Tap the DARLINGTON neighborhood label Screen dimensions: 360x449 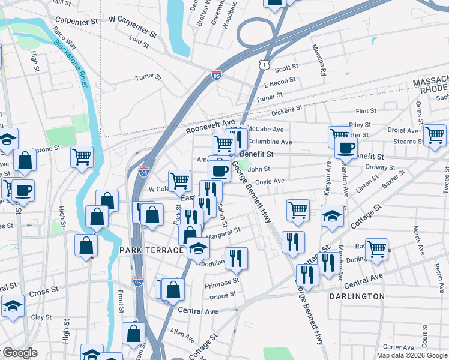pos(357,296)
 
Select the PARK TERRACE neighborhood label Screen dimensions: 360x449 pos(151,250)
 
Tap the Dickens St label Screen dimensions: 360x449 pos(285,112)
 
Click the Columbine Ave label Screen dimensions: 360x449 pos(270,142)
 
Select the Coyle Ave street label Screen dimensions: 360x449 pos(270,181)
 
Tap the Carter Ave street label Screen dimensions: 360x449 pos(399,347)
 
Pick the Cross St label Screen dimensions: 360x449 pos(43,292)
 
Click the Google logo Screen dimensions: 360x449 pos(20,353)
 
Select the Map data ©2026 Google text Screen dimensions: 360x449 pos(412,355)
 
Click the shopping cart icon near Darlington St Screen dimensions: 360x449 pos(376,248)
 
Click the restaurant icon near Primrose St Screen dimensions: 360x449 pos(237,258)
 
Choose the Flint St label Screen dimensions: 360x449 pos(366,111)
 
